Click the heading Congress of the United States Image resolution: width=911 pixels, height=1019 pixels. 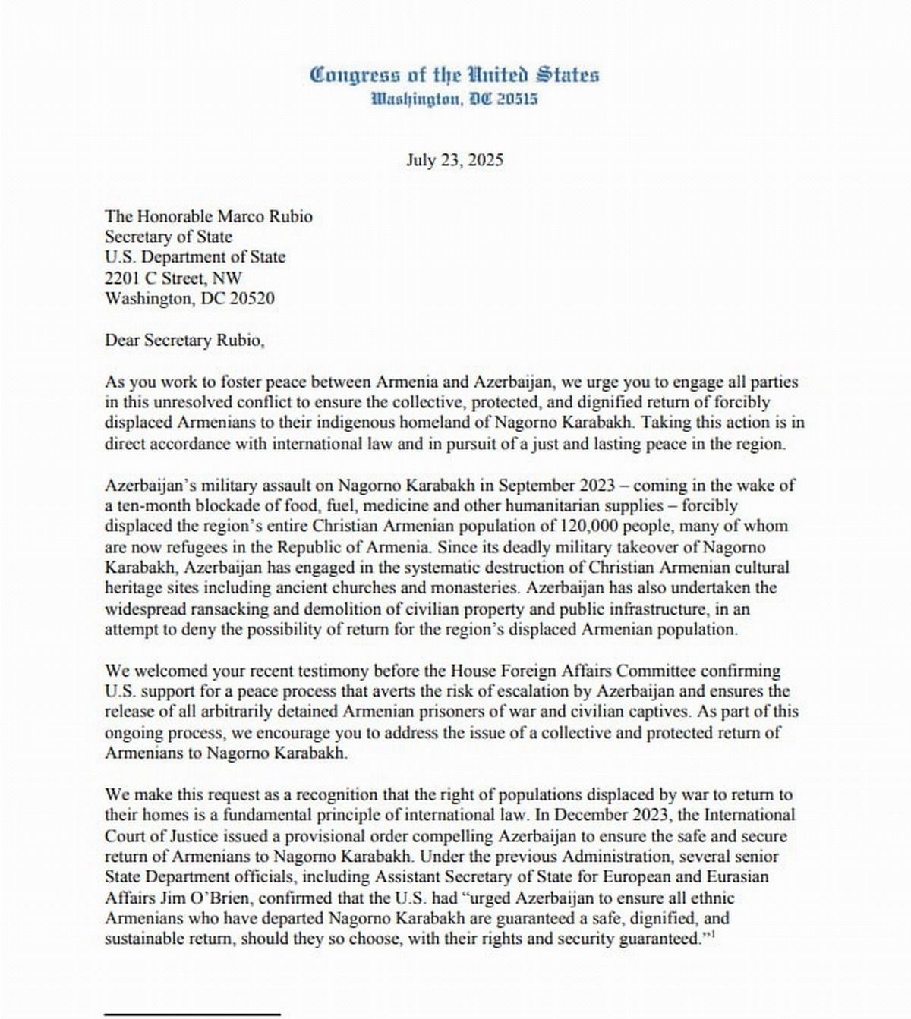(455, 74)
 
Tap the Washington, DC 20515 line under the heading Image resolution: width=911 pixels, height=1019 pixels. (455, 99)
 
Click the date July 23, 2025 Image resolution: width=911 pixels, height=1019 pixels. (455, 160)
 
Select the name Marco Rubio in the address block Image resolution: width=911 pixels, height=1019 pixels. (265, 216)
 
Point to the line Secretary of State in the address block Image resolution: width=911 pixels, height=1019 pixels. (169, 237)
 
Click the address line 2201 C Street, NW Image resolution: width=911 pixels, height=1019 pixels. (174, 278)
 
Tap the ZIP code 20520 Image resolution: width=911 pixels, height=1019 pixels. (247, 298)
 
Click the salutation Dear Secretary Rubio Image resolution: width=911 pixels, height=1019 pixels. (184, 340)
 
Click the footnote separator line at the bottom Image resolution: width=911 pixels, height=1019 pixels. (192, 1013)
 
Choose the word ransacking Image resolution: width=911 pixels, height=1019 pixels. (224, 609)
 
